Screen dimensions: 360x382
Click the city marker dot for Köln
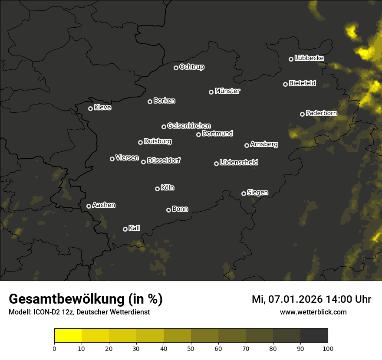[x=157, y=189]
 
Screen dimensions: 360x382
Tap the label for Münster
[x=227, y=91]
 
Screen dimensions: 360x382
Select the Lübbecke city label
[x=309, y=58]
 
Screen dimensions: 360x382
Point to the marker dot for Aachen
[x=89, y=206]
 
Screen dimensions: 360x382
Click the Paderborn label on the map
[x=321, y=113]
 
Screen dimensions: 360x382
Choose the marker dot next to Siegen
[x=244, y=193]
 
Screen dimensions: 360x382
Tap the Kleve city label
[x=102, y=108]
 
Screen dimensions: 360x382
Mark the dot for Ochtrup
[x=176, y=68]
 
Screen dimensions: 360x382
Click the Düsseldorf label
[x=164, y=160]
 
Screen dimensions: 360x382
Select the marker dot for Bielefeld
[x=285, y=84]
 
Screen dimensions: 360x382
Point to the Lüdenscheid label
[x=239, y=163]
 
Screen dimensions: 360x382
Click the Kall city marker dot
[x=125, y=229]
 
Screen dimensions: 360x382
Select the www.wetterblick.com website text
[x=313, y=312]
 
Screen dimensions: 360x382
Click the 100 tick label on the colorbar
[x=328, y=348]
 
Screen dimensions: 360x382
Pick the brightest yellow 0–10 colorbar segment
[x=68, y=336]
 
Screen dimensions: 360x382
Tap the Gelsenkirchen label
[x=189, y=126]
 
